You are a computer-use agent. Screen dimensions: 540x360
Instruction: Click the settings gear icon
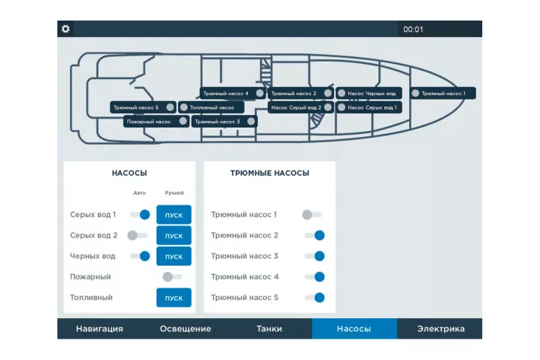[x=65, y=29]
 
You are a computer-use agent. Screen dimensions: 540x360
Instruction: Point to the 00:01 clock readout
[x=413, y=29]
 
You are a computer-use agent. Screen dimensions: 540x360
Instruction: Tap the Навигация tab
[x=99, y=329]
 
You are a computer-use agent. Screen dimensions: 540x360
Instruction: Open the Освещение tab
[x=186, y=329]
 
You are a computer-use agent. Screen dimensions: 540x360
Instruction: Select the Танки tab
[x=269, y=329]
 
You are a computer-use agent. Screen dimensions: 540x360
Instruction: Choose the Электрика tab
[x=440, y=329]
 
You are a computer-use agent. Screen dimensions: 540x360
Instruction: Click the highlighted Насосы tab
[x=354, y=329]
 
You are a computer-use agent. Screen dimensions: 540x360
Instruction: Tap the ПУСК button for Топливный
[x=173, y=298]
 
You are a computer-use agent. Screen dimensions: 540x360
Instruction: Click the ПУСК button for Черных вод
[x=173, y=256]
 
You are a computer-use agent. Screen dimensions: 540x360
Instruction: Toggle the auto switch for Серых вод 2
[x=137, y=235]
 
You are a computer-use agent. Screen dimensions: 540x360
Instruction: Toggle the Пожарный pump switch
[x=172, y=276]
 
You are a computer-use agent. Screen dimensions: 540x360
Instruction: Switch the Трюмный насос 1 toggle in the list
[x=312, y=215]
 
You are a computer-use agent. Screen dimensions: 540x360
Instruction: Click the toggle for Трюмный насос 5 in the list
[x=315, y=298]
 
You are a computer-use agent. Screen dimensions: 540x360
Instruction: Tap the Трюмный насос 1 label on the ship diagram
[x=443, y=94]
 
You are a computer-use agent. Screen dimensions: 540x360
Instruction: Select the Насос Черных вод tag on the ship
[x=369, y=94]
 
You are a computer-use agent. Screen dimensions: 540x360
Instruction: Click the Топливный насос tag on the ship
[x=211, y=107]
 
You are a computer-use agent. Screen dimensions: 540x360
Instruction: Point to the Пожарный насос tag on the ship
[x=157, y=122]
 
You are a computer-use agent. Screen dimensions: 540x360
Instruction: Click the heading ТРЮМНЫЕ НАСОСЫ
[x=270, y=173]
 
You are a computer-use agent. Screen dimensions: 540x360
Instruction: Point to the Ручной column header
[x=174, y=193]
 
